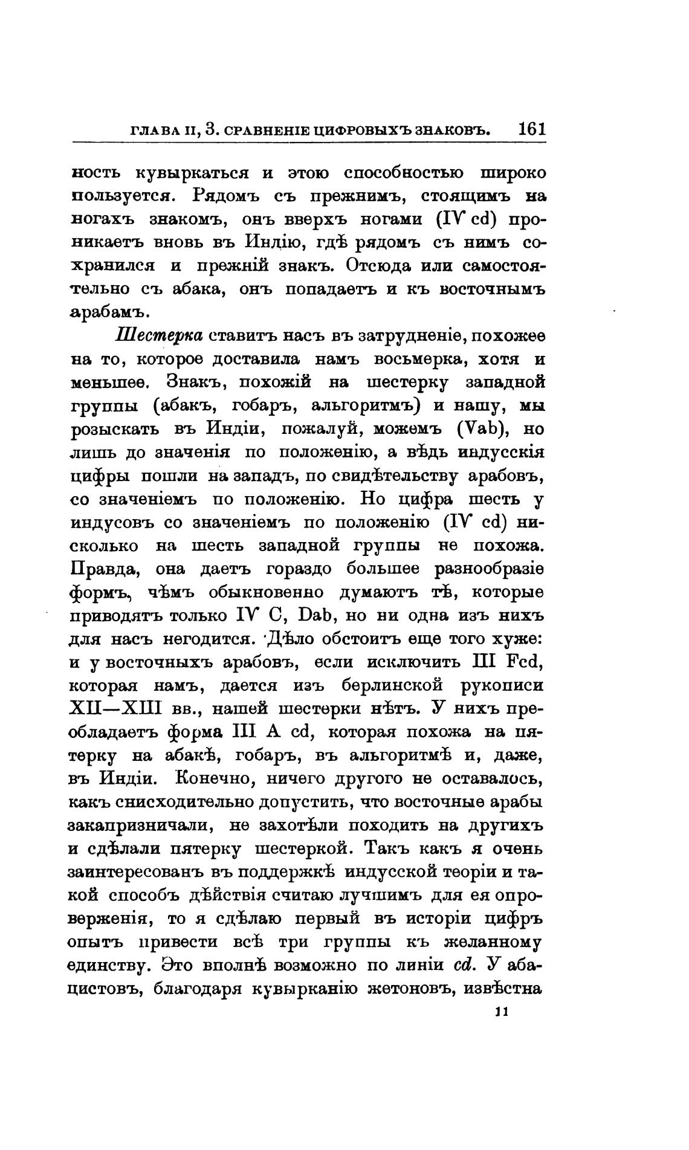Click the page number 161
[531, 129]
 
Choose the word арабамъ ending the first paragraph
[109, 313]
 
